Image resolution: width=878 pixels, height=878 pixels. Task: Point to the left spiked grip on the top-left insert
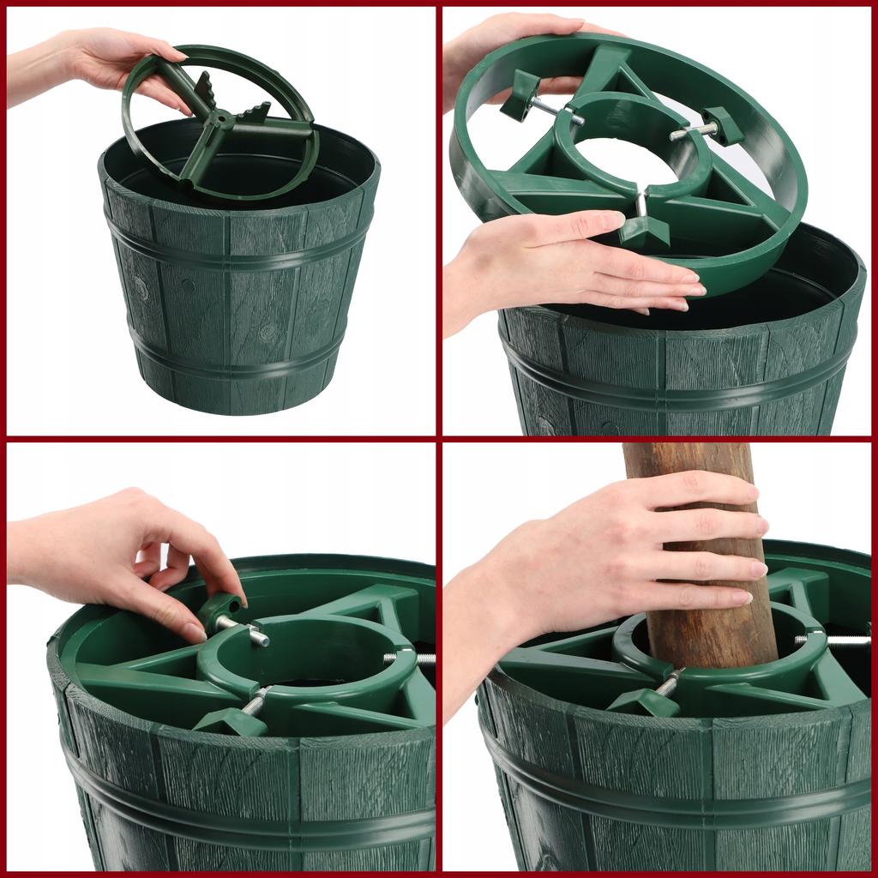(205, 89)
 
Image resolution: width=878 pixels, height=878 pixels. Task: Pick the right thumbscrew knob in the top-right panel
(722, 126)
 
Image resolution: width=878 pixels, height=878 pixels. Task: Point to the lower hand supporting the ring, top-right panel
(566, 266)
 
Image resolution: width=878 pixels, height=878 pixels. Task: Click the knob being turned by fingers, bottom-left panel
(219, 610)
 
